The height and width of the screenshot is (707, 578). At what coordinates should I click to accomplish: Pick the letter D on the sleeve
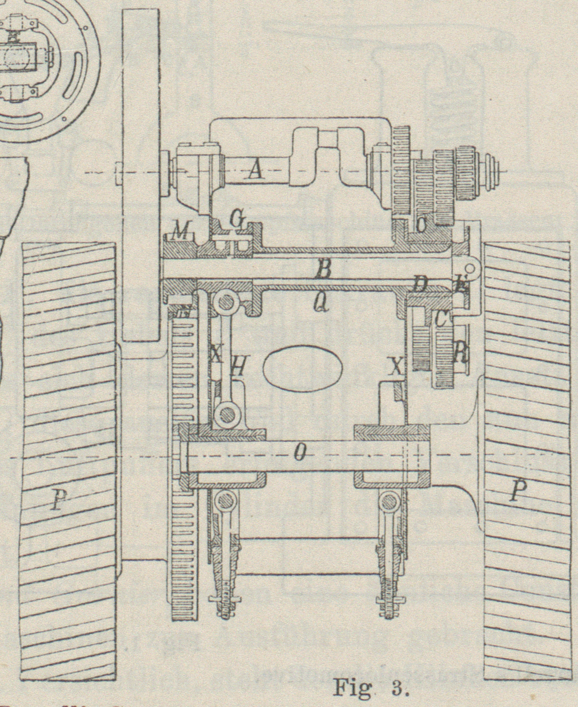tap(421, 285)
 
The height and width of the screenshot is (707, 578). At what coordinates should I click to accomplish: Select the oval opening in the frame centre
tap(303, 366)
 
